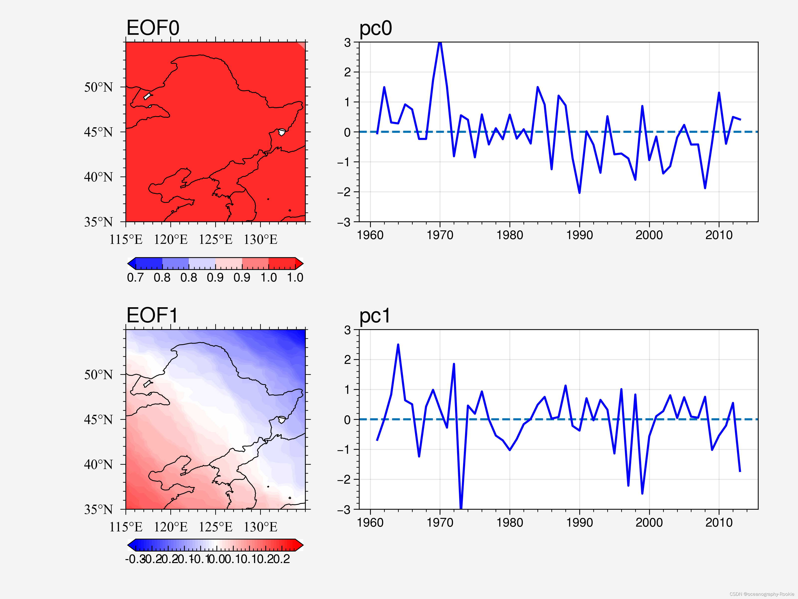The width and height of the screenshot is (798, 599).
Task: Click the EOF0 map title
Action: point(153,28)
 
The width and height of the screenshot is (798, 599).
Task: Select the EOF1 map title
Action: point(152,315)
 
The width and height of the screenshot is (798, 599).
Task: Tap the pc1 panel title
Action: point(375,316)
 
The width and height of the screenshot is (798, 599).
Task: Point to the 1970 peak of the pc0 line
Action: point(440,43)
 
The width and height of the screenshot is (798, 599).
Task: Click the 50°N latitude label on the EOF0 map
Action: point(98,87)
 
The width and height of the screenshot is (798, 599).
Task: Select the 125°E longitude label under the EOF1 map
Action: point(215,527)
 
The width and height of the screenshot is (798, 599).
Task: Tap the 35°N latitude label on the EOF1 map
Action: point(98,509)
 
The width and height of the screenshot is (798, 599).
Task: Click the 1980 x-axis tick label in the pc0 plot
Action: point(509,235)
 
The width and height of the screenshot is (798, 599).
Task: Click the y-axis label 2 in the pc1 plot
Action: point(347,360)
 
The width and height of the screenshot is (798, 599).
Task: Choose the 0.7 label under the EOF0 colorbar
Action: point(135,278)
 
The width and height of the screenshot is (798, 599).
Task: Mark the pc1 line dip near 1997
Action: point(628,485)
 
